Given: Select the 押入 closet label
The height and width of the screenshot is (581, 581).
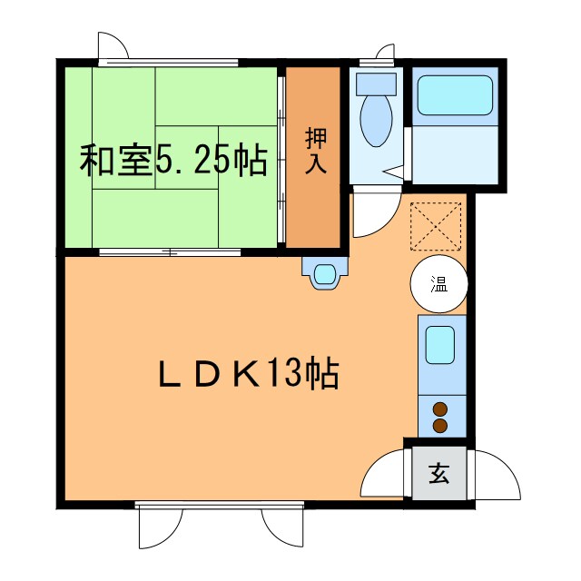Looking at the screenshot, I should tap(314, 152).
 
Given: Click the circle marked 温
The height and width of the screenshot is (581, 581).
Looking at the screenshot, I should tap(439, 284).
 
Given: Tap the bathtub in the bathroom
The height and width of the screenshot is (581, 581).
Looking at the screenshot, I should tap(453, 95).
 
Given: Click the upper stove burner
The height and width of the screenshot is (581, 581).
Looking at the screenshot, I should tap(441, 409).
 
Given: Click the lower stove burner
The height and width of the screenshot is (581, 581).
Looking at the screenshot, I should tap(441, 425).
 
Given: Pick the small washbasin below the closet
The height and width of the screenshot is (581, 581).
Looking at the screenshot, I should tap(324, 273).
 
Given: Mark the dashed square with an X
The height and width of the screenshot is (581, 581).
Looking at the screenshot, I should tap(436, 224).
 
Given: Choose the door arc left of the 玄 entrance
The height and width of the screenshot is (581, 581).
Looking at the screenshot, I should tap(381, 474).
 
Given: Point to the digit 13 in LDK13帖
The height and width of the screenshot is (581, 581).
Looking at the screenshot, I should tap(284, 373).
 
